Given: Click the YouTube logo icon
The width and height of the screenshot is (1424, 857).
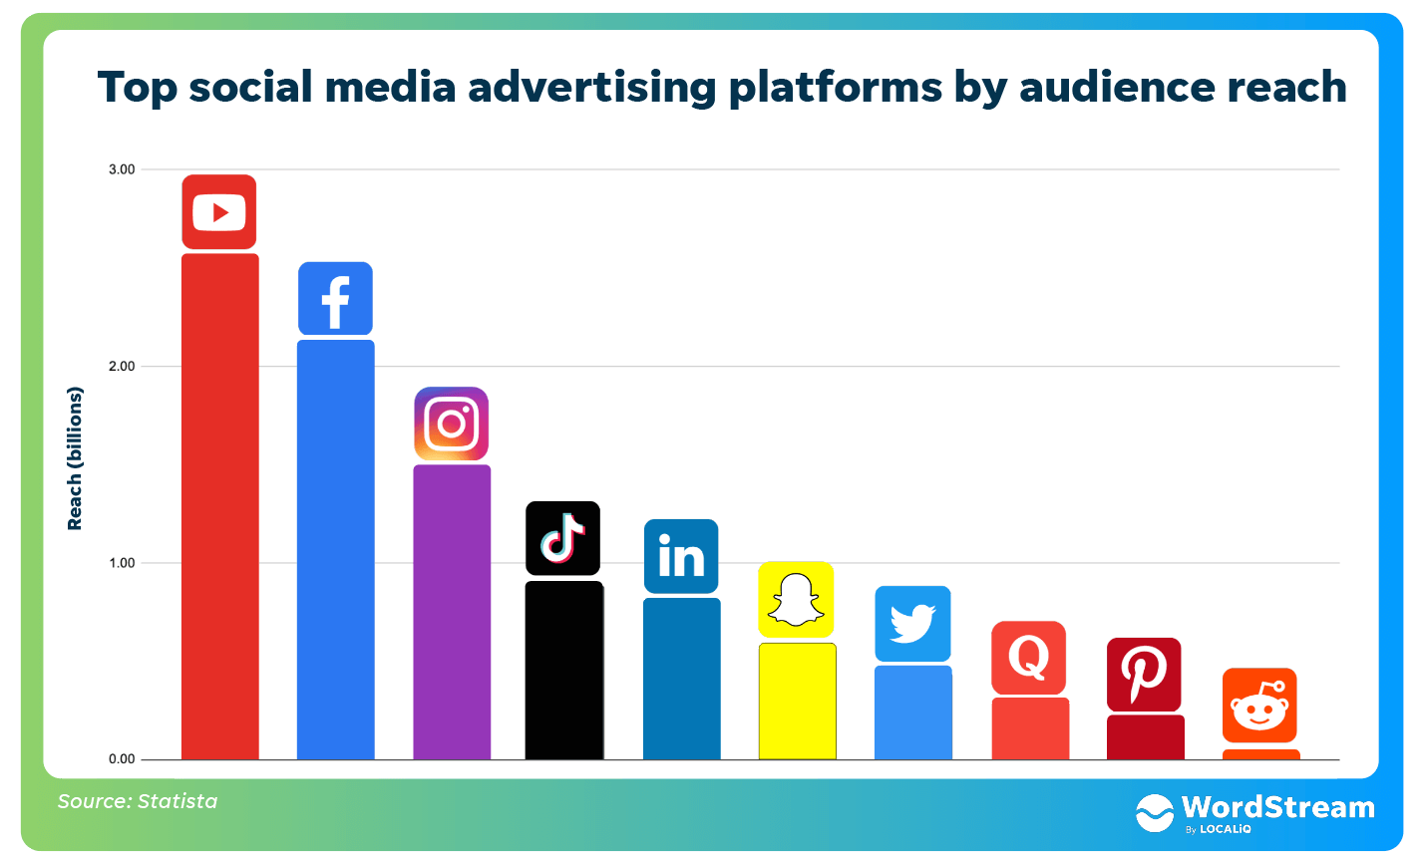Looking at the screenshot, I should click(x=219, y=212).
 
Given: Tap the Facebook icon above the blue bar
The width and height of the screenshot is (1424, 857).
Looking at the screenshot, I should click(x=335, y=299).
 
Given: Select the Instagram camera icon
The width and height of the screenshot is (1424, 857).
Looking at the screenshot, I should click(x=452, y=424).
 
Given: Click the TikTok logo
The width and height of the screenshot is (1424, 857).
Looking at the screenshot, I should click(x=563, y=538).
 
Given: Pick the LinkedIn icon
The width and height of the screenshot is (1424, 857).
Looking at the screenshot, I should click(x=681, y=556).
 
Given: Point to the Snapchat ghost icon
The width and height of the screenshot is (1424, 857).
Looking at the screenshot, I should click(x=796, y=600).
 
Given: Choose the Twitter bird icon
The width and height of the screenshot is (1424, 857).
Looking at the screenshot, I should click(x=912, y=624).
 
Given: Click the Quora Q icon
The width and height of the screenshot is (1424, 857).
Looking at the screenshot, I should click(x=1028, y=658).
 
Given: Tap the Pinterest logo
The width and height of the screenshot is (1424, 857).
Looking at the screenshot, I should click(x=1144, y=675).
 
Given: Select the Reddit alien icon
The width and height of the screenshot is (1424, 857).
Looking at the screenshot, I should click(x=1259, y=706).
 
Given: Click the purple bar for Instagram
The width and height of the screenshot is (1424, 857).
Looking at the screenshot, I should click(x=452, y=613).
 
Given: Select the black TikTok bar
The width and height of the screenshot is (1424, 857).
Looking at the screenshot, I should click(x=564, y=671).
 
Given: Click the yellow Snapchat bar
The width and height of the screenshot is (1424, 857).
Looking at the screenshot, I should click(x=797, y=702).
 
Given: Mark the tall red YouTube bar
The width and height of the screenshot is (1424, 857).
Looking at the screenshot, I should click(x=220, y=506).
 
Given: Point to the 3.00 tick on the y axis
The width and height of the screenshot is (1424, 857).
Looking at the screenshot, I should click(x=122, y=169).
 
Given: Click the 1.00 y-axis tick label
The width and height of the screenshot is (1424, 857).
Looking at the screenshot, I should click(x=122, y=563).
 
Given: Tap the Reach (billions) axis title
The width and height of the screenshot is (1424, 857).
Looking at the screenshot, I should click(x=75, y=458).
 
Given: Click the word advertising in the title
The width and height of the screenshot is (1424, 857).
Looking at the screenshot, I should click(x=591, y=87).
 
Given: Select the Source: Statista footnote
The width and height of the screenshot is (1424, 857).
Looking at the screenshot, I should click(x=138, y=801).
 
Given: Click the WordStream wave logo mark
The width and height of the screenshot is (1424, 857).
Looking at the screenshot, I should click(x=1155, y=813).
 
